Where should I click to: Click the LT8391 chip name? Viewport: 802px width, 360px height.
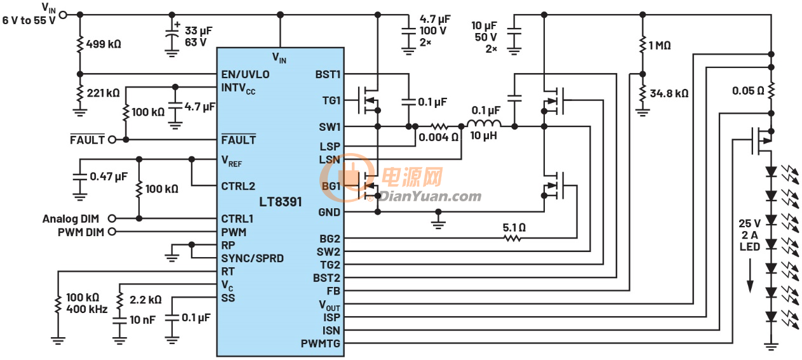(x=280, y=202)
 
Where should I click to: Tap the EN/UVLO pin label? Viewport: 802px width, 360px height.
(x=245, y=74)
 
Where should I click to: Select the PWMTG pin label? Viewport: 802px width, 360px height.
(x=321, y=343)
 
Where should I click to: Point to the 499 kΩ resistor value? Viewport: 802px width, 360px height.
(x=104, y=44)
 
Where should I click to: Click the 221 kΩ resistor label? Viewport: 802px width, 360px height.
(x=103, y=93)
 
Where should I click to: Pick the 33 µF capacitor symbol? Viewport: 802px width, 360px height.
(x=172, y=35)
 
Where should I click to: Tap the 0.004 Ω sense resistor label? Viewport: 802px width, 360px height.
(x=439, y=137)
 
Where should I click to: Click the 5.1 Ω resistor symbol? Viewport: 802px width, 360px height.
(x=512, y=238)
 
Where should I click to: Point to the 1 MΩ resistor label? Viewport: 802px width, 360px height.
(x=660, y=46)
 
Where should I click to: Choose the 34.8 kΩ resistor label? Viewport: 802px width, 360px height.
(x=669, y=93)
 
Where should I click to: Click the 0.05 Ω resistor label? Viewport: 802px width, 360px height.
(x=748, y=91)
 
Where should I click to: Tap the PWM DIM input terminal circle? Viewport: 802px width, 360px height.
(x=112, y=232)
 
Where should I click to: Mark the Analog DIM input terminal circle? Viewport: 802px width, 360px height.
(x=112, y=218)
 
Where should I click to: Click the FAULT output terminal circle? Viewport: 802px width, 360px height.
(x=112, y=140)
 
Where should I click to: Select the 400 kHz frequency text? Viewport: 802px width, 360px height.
(x=87, y=309)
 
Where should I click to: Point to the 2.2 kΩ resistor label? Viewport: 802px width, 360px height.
(x=145, y=300)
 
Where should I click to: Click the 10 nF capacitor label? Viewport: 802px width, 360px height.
(x=142, y=319)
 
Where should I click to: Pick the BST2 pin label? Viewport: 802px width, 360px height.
(x=326, y=278)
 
